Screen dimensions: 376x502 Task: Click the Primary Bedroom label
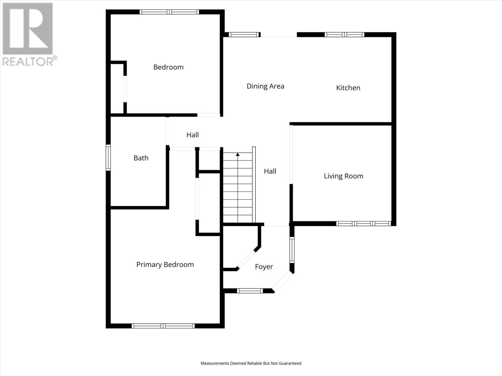(x=165, y=264)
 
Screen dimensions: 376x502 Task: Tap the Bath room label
(x=141, y=158)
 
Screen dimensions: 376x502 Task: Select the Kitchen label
(x=348, y=88)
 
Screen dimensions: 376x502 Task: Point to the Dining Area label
(x=265, y=86)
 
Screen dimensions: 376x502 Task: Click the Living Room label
(x=344, y=176)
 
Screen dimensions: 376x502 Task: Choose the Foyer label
(x=264, y=267)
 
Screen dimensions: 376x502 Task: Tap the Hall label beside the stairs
(x=270, y=171)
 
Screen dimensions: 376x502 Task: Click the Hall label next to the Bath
(x=192, y=135)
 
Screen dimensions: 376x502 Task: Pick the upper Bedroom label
(x=168, y=67)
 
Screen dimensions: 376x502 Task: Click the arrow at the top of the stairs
(x=238, y=154)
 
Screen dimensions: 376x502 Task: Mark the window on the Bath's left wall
(x=108, y=158)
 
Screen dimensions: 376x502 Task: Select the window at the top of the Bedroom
(x=169, y=12)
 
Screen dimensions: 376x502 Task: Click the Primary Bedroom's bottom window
(x=163, y=326)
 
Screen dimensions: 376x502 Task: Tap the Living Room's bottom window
(x=363, y=223)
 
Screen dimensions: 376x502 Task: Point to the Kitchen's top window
(x=344, y=34)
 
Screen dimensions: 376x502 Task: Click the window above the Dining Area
(x=244, y=34)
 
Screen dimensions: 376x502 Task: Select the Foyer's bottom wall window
(x=250, y=291)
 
